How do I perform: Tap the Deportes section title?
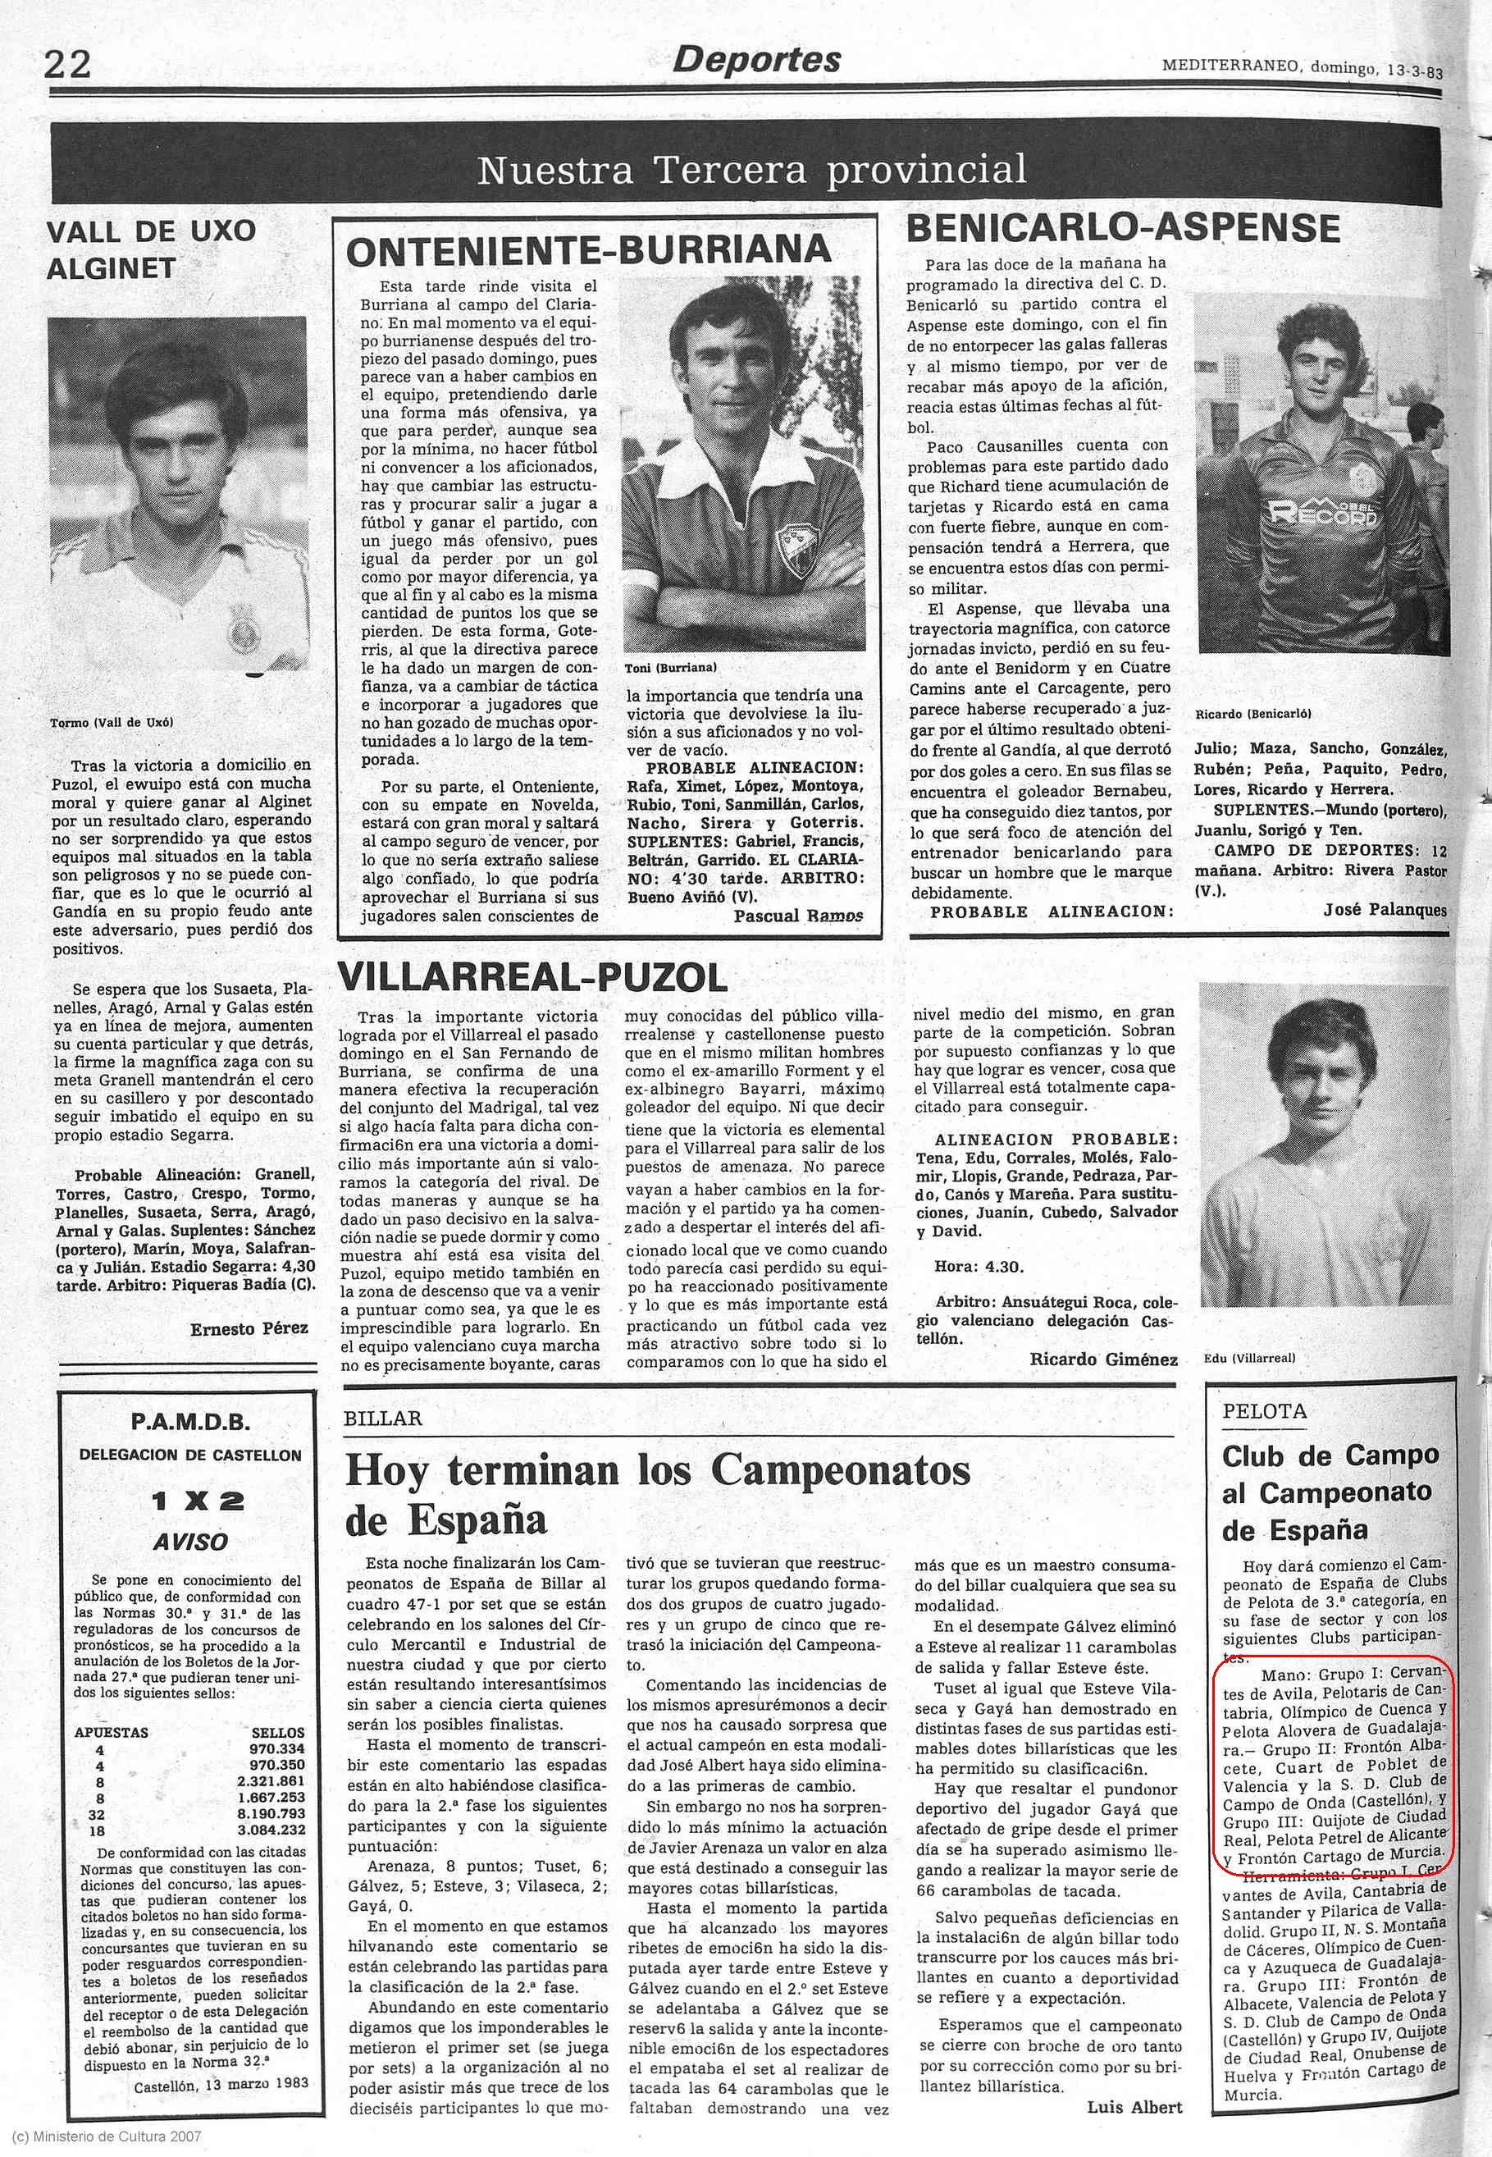pos(756,60)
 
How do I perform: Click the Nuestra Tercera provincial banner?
pos(751,170)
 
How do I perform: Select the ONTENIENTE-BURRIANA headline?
pos(588,249)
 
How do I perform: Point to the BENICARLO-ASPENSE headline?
pos(1123,228)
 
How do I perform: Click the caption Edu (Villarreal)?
pos(1251,1357)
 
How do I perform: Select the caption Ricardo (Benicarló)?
pos(1252,713)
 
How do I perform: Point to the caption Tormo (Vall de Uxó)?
pos(112,723)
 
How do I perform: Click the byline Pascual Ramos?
pos(797,916)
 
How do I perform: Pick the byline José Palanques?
pos(1385,910)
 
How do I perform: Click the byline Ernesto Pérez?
pos(249,1328)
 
